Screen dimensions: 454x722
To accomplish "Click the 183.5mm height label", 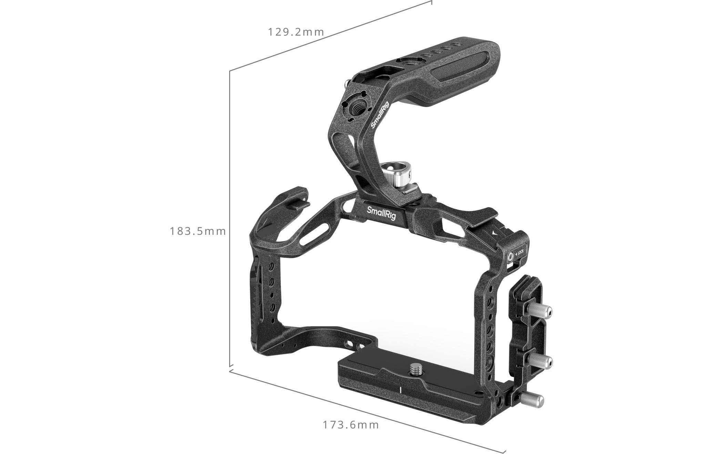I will tap(198, 231).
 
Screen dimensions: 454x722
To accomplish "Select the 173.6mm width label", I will tap(351, 425).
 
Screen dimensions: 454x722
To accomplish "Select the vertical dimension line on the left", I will tap(230, 220).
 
